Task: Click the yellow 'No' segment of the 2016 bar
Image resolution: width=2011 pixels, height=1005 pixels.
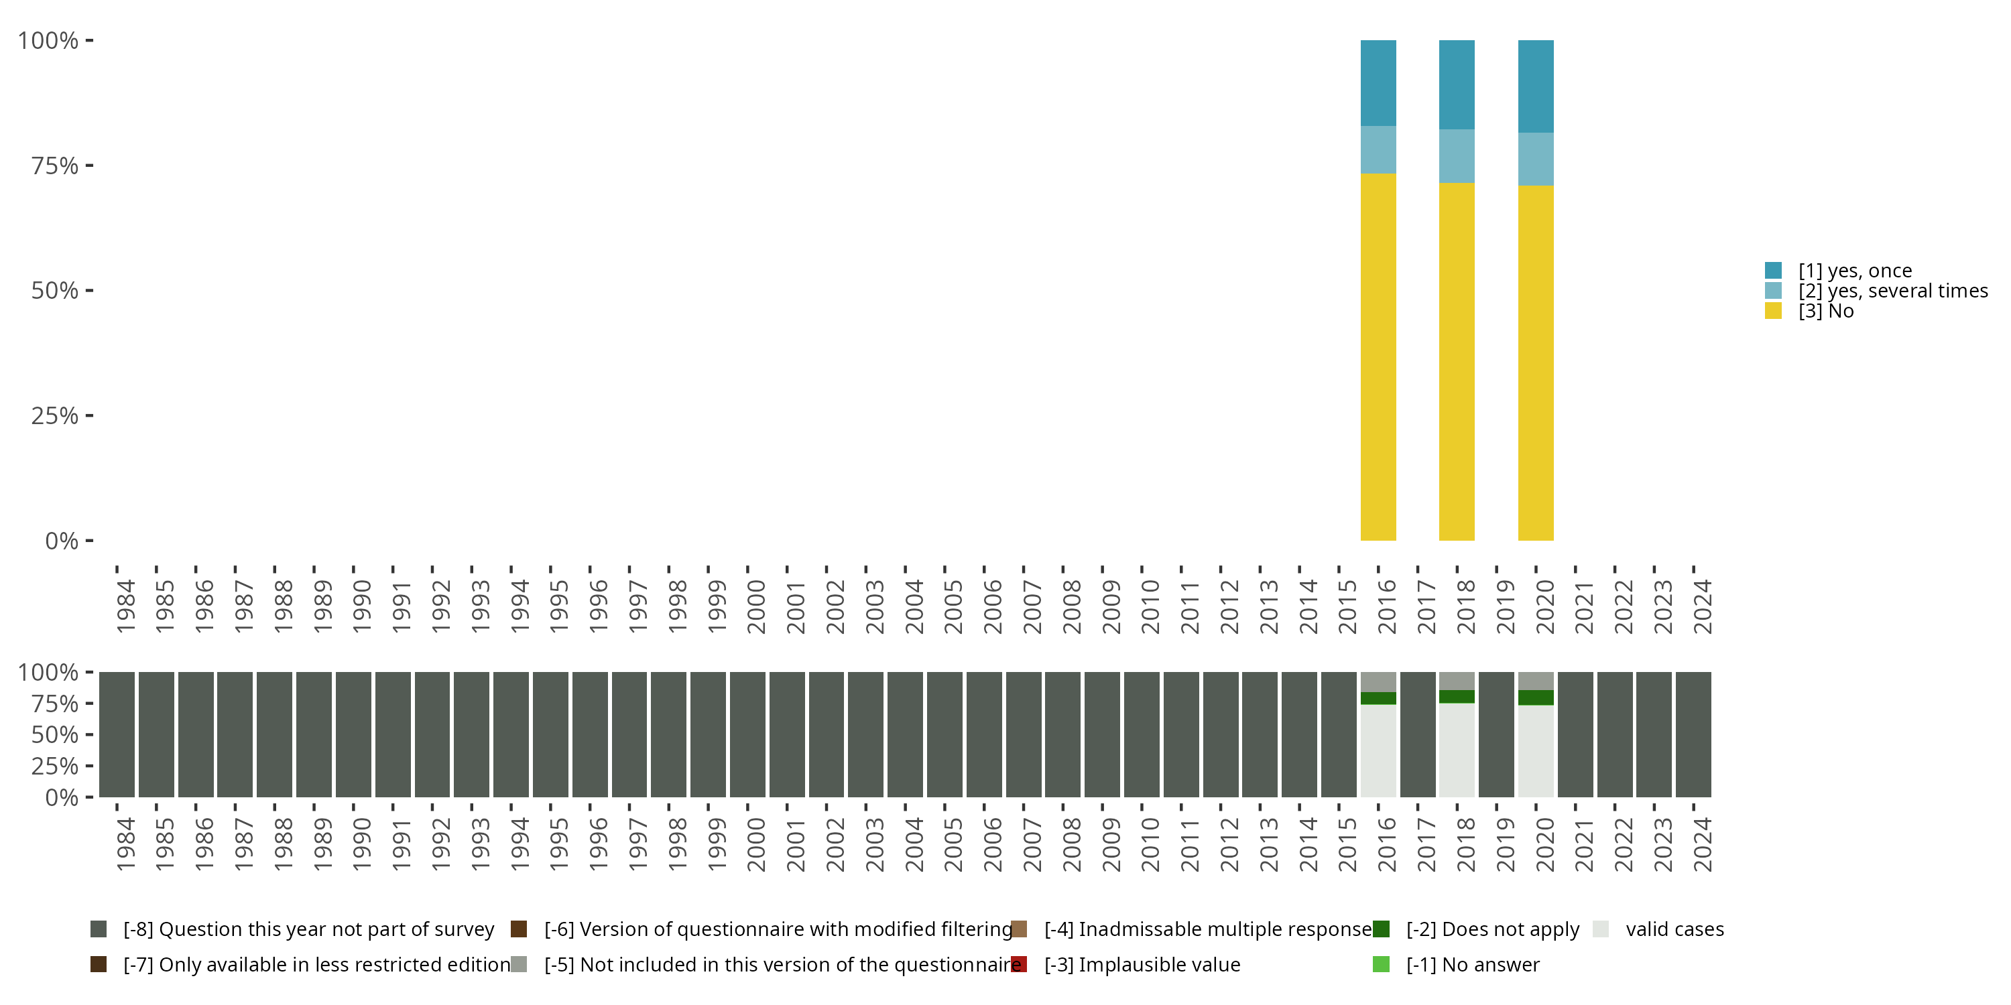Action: point(1378,356)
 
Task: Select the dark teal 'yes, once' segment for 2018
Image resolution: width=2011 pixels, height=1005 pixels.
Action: point(1457,84)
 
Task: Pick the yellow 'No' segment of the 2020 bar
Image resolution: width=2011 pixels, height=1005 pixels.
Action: point(1536,363)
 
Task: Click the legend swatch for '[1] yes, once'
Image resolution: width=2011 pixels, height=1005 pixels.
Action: point(1773,271)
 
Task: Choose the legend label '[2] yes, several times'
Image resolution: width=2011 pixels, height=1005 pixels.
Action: point(1892,291)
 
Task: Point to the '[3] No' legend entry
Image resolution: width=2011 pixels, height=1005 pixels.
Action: point(1825,312)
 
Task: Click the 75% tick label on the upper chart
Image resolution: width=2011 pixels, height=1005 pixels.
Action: point(55,165)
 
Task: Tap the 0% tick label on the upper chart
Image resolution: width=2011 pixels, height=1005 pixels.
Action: point(62,541)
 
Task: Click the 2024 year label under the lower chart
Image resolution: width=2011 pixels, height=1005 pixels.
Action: point(1703,844)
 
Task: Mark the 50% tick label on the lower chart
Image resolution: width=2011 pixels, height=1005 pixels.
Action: point(55,734)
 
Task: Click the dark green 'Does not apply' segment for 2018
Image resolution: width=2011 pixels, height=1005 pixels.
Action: point(1457,697)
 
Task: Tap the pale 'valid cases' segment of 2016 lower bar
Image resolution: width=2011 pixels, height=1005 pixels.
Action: point(1378,750)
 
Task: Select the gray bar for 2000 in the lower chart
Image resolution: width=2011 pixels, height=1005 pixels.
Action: point(747,734)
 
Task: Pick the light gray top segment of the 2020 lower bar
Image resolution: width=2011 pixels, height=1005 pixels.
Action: point(1536,681)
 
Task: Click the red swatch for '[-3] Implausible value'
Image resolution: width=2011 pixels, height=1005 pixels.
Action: point(1019,964)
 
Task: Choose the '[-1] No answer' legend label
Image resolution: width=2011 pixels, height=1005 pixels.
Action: point(1472,964)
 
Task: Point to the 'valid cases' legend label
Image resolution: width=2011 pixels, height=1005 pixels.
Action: point(1674,929)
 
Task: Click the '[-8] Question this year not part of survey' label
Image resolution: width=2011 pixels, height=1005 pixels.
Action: point(308,929)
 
